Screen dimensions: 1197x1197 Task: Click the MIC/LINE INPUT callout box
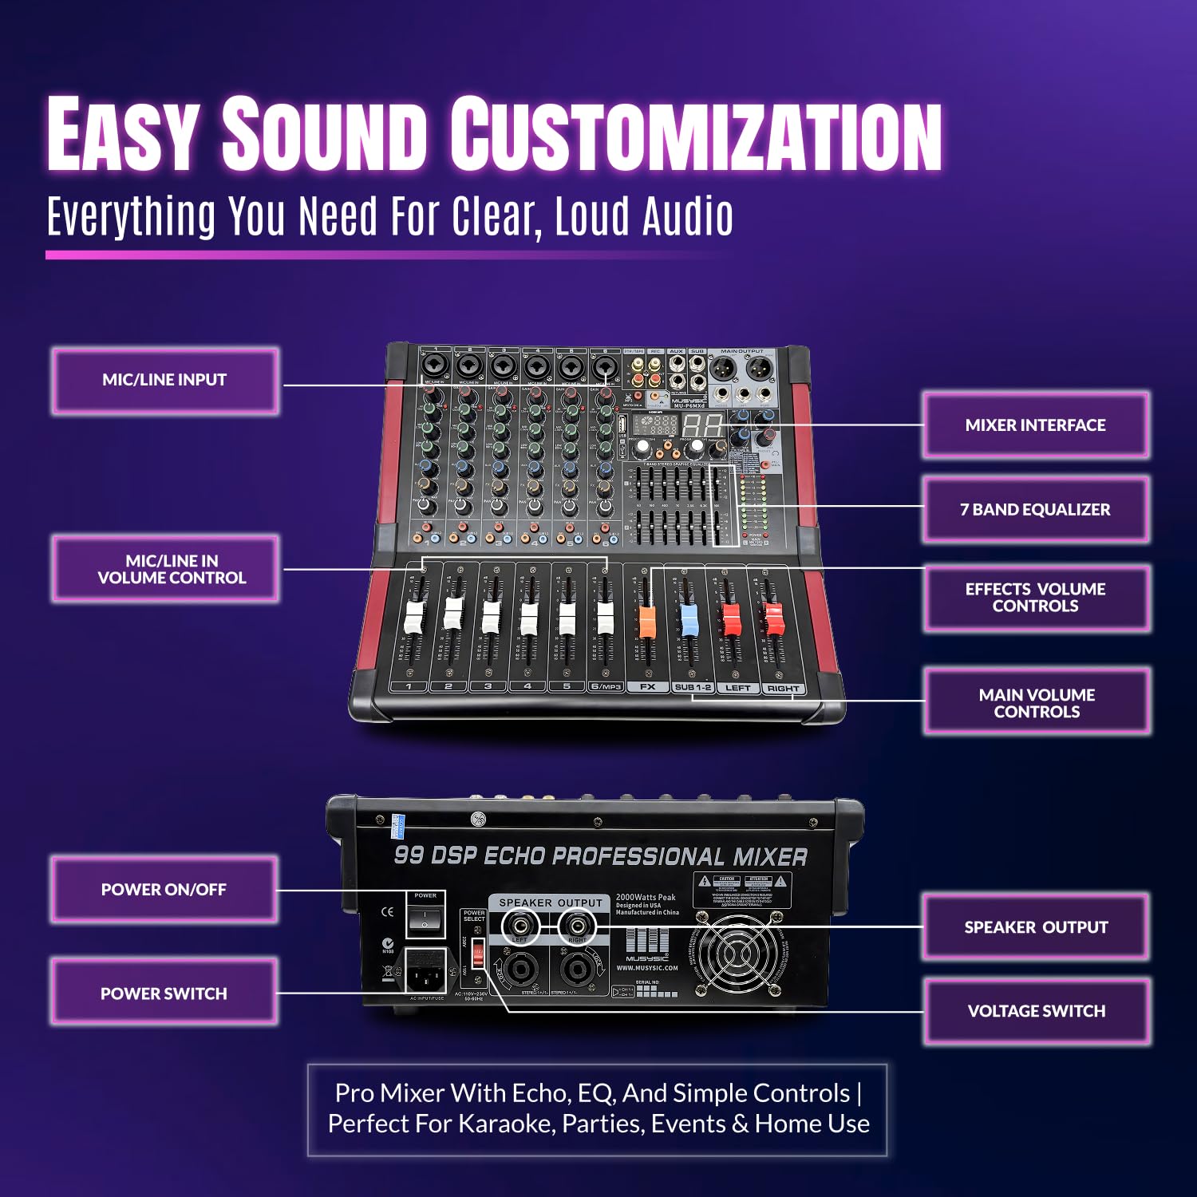pos(165,381)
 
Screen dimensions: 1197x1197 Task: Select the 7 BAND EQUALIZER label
pos(1035,510)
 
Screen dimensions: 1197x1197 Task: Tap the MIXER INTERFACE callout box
pos(1035,425)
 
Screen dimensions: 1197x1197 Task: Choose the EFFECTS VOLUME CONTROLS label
pos(1035,598)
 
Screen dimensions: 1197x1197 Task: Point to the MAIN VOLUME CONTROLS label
pos(1037,703)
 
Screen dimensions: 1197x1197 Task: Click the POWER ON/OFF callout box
pos(164,890)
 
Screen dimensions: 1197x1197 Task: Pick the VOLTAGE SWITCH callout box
pos(1037,1011)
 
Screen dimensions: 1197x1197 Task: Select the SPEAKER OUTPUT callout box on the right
pos(1036,927)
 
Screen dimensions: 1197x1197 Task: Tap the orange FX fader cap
pos(647,622)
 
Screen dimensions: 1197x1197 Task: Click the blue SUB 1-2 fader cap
pos(688,620)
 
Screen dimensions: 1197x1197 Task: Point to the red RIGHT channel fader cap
pos(773,619)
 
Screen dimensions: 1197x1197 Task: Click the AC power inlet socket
pos(425,970)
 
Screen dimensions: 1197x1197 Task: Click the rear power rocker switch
pos(425,920)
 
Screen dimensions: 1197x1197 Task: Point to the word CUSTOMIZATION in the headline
pos(696,134)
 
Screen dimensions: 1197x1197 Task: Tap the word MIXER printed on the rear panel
pos(770,857)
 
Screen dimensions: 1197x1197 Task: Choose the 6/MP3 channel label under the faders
pos(606,686)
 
